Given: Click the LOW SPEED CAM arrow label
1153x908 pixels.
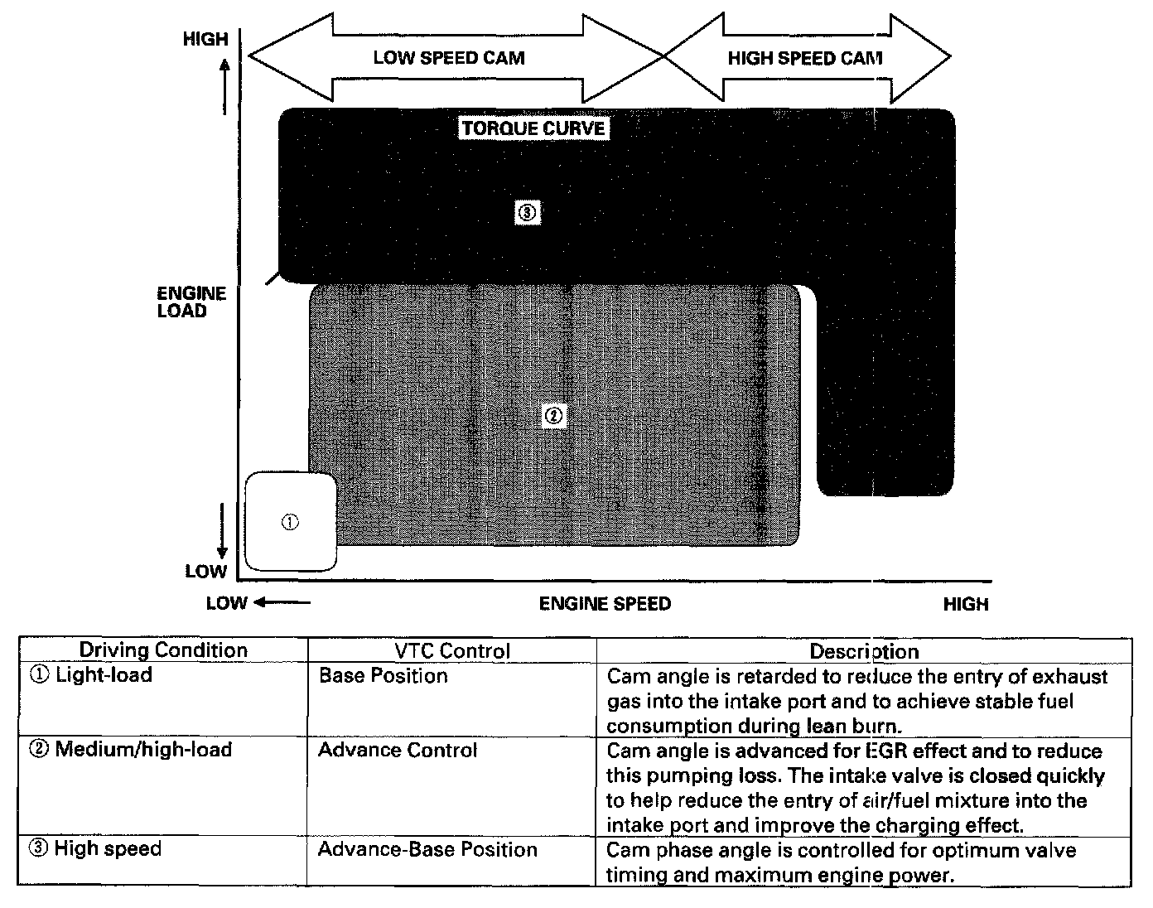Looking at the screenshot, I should pyautogui.click(x=448, y=58).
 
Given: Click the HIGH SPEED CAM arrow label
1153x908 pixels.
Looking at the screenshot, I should pyautogui.click(x=804, y=58).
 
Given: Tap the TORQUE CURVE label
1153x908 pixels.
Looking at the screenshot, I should pyautogui.click(x=533, y=128).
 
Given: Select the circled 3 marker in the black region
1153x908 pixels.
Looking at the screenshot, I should pyautogui.click(x=528, y=213).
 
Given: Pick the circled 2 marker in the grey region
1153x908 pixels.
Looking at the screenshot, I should pyautogui.click(x=553, y=415).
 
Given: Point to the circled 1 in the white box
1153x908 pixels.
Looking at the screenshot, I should pyautogui.click(x=290, y=522).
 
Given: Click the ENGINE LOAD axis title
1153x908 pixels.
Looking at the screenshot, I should pyautogui.click(x=191, y=302).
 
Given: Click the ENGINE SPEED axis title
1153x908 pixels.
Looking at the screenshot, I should pyautogui.click(x=605, y=603).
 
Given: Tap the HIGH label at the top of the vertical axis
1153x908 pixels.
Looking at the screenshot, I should pyautogui.click(x=205, y=39).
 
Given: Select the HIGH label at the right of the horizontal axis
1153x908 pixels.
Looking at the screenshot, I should pyautogui.click(x=966, y=604).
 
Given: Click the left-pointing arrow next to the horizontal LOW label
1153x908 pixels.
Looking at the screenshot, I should pyautogui.click(x=282, y=602).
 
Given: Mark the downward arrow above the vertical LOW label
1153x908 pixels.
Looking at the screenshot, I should pyautogui.click(x=222, y=530).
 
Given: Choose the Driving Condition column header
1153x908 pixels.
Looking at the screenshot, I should pyautogui.click(x=163, y=650).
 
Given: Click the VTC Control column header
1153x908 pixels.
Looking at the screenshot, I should pyautogui.click(x=451, y=651).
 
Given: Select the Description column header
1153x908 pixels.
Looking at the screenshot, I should pyautogui.click(x=864, y=651).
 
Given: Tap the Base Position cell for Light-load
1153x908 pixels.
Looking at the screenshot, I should pyautogui.click(x=383, y=676).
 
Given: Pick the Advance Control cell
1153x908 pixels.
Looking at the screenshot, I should pyautogui.click(x=398, y=750).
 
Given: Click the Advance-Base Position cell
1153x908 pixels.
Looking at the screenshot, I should pyautogui.click(x=427, y=849).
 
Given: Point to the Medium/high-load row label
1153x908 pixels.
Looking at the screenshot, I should pyautogui.click(x=131, y=750).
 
